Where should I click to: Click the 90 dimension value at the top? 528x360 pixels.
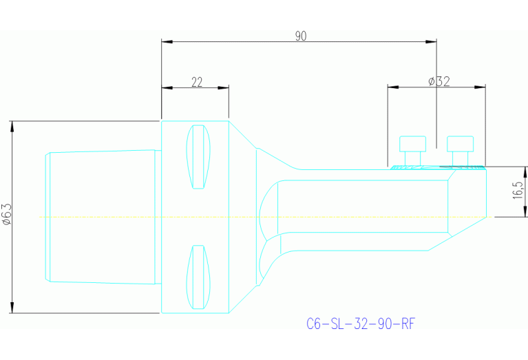pos(301,36)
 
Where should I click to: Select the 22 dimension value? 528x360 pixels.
pos(196,82)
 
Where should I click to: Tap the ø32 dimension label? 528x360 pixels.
pos(439,81)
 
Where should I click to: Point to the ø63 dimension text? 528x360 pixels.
pos(7,214)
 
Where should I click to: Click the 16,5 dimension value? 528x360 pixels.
pos(517,191)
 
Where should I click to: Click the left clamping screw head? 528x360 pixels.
pos(412,144)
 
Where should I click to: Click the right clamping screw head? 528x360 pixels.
pos(460,144)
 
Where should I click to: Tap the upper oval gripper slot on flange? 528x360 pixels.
pos(198,156)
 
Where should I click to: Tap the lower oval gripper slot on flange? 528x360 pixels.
pos(198,277)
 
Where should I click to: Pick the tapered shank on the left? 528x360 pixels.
pos(102,216)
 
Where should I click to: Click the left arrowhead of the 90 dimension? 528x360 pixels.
pos(166,41)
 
